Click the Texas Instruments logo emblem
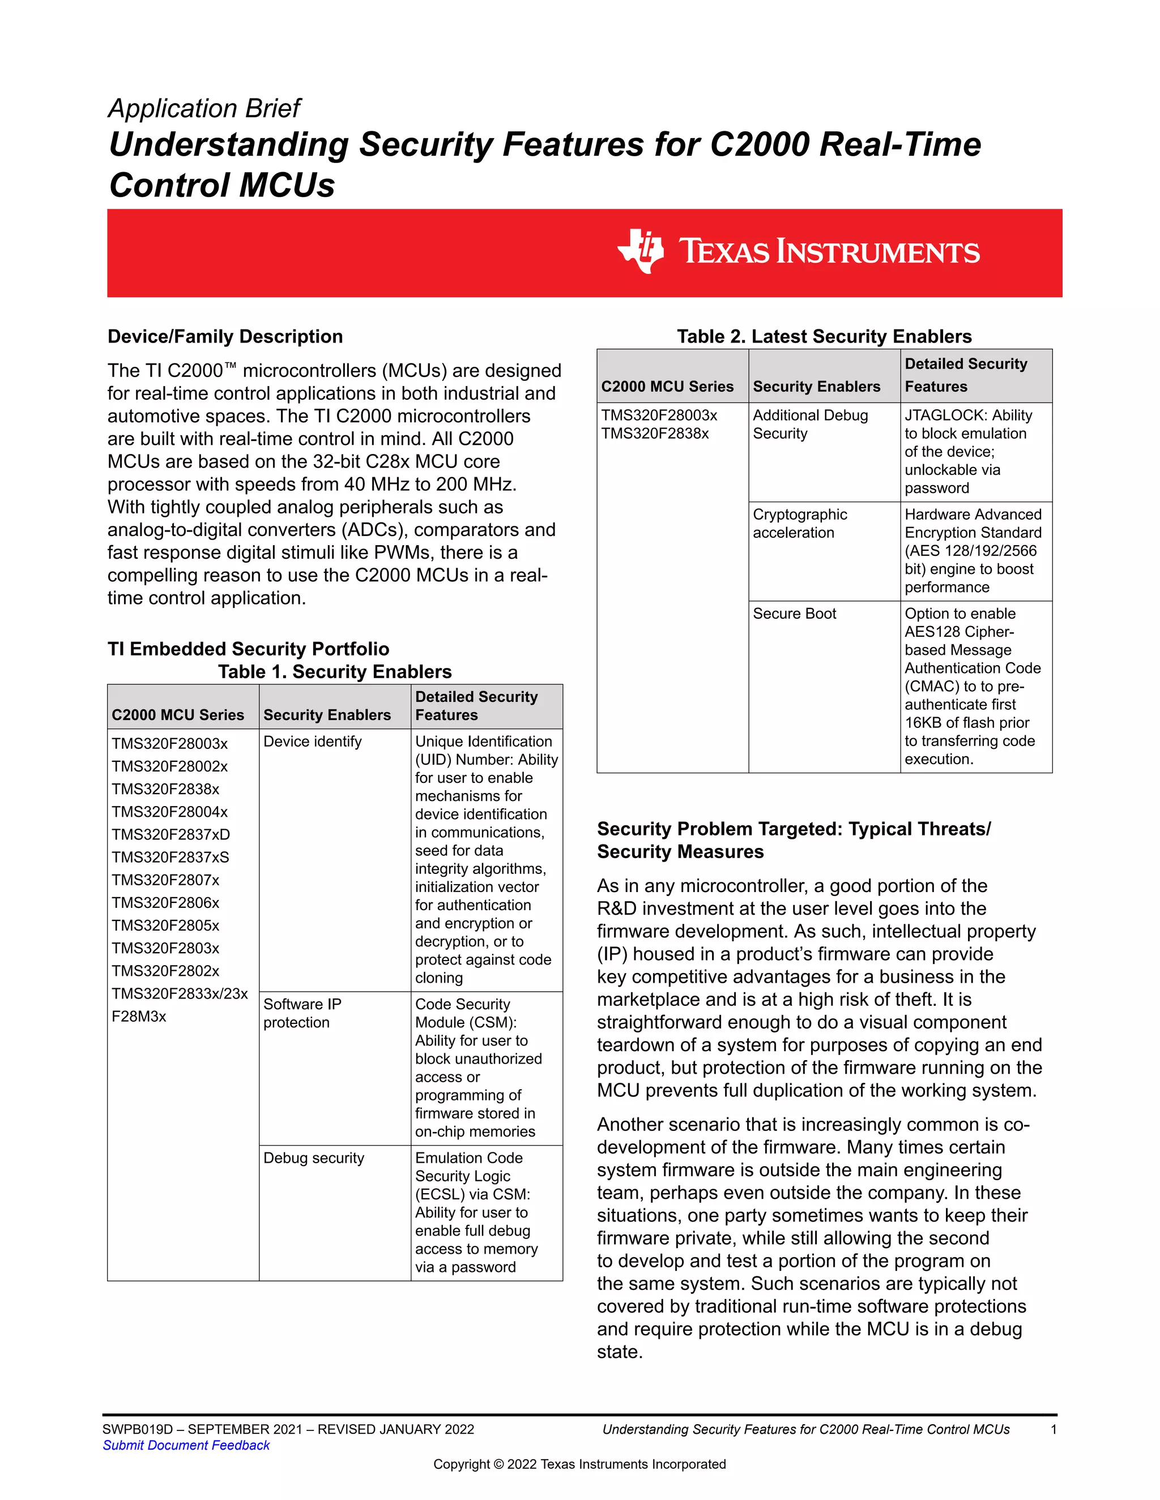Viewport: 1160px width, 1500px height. (x=641, y=251)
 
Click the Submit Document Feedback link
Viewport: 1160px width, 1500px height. (x=186, y=1445)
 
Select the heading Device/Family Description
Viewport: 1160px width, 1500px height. (x=225, y=337)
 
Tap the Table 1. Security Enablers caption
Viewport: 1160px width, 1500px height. (x=335, y=672)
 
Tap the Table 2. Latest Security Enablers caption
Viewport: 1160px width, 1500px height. (x=824, y=337)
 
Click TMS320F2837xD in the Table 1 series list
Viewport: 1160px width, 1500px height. (x=170, y=834)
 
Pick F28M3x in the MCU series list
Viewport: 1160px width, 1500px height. (x=139, y=1017)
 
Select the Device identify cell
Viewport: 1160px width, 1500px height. (x=312, y=742)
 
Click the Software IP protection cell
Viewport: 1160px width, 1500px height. (x=302, y=1013)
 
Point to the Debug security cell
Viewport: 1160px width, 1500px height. (x=313, y=1158)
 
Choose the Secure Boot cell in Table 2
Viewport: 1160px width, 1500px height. (x=795, y=614)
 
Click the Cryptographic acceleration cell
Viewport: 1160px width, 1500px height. (x=800, y=524)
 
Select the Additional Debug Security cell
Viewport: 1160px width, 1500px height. (x=810, y=425)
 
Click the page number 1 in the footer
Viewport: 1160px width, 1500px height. (x=1054, y=1429)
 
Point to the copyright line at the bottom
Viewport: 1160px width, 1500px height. (x=579, y=1464)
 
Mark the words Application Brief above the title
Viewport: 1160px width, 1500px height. (x=204, y=109)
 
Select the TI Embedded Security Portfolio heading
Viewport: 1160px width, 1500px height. (x=248, y=649)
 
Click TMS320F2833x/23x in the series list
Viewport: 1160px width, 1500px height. (x=180, y=994)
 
